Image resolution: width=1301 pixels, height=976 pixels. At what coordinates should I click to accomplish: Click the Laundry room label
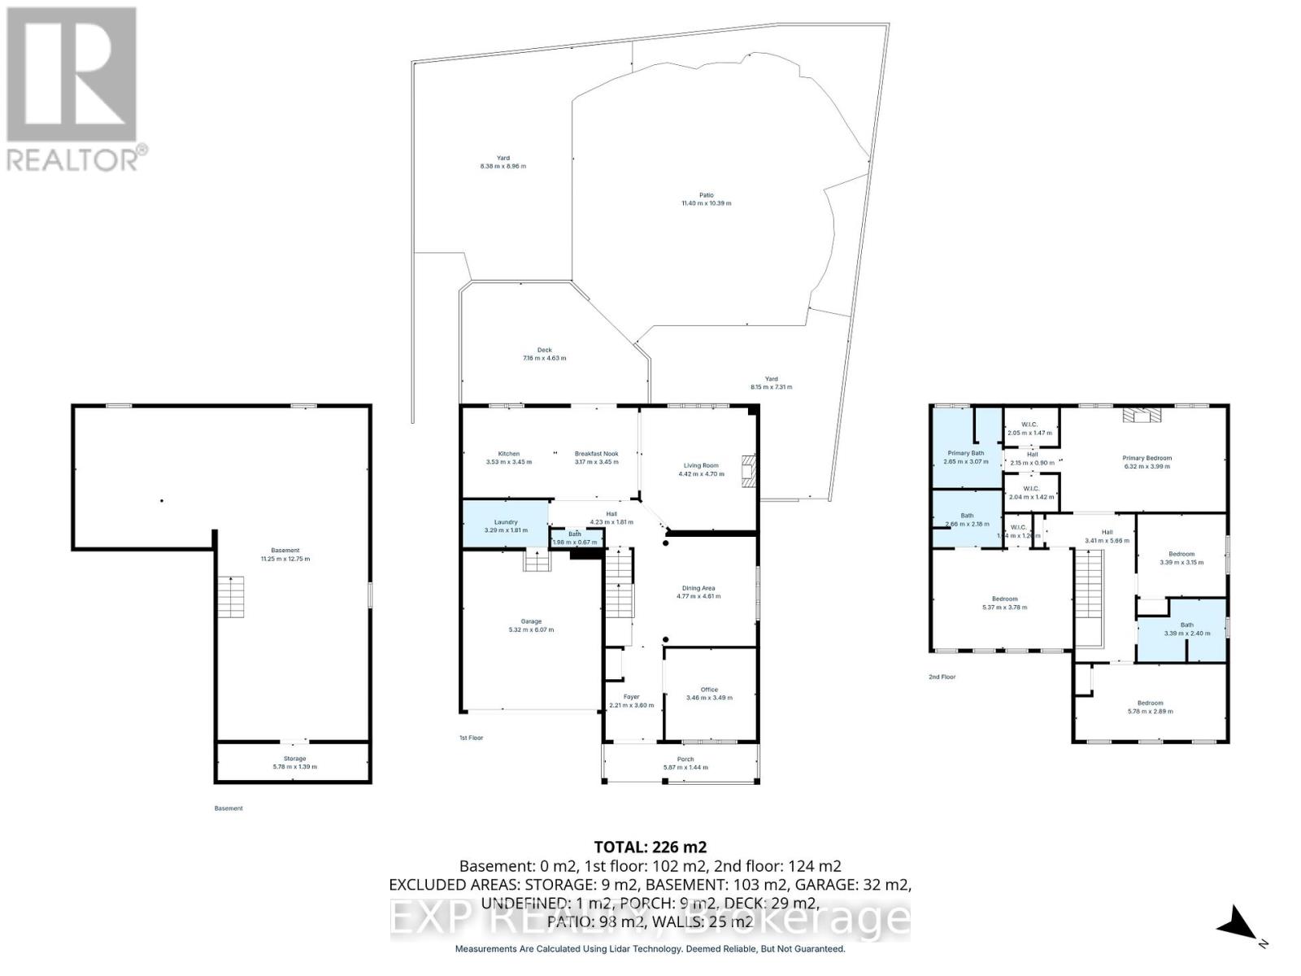[x=506, y=522]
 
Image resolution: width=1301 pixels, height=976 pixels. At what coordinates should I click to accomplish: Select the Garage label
[x=531, y=621]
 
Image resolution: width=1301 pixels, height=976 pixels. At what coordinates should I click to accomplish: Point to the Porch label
[x=685, y=759]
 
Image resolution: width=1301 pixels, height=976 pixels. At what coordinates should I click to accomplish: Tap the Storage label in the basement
[x=294, y=758]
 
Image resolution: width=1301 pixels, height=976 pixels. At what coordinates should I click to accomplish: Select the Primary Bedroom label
[x=1147, y=458]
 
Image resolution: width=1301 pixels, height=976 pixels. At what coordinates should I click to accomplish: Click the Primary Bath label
[x=966, y=453]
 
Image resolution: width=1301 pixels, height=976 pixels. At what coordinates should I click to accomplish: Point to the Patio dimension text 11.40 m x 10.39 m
[x=706, y=203]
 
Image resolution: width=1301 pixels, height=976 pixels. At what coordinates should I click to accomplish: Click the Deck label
[x=544, y=350]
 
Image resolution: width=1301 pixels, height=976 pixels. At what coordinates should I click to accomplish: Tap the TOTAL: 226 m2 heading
[x=645, y=847]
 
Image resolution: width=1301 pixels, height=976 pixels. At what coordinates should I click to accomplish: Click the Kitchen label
[x=508, y=454]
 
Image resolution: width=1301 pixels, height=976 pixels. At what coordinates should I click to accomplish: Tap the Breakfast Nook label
[x=596, y=454]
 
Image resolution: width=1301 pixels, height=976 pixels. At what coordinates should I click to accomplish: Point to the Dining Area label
[x=698, y=588]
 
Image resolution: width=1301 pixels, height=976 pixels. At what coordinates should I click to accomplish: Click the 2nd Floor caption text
[x=942, y=677]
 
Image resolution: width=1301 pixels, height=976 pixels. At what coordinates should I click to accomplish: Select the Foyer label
[x=631, y=696]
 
